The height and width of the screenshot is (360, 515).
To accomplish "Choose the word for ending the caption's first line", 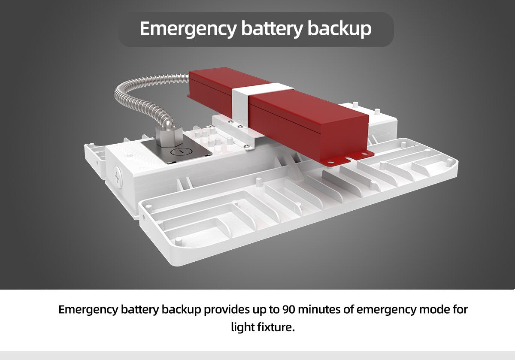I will click(x=459, y=309).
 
